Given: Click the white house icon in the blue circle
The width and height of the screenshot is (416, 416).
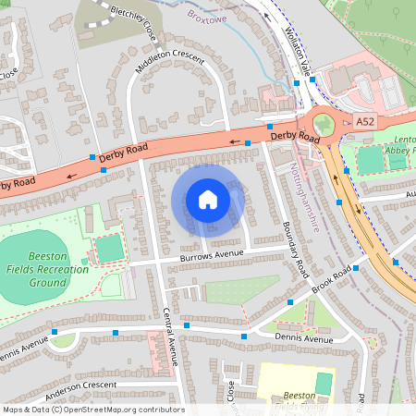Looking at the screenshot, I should tap(208, 199).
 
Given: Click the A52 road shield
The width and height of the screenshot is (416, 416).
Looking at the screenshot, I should tap(366, 122).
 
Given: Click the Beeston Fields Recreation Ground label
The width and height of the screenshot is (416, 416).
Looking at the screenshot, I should tap(55, 268).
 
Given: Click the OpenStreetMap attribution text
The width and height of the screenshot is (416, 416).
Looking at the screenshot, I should tap(93, 409).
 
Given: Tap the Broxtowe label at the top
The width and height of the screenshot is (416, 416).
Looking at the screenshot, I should tap(207, 16).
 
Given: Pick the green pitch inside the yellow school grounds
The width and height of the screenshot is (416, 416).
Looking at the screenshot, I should tap(323, 383).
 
